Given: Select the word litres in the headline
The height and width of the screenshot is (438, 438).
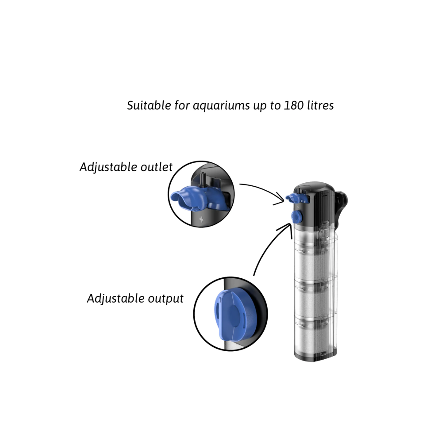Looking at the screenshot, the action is pyautogui.click(x=320, y=105).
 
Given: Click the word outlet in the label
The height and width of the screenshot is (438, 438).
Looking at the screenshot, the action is pyautogui.click(x=157, y=167).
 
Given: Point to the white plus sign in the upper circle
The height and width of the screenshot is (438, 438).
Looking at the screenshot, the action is pyautogui.click(x=201, y=219).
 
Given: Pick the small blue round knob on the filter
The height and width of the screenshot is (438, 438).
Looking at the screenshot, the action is pyautogui.click(x=296, y=216).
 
